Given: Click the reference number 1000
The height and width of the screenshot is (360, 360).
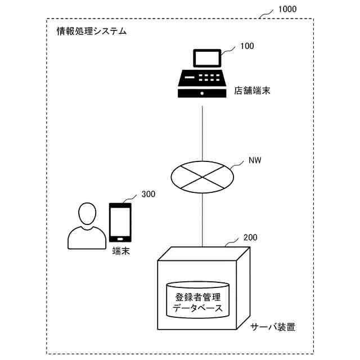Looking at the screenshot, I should tap(287, 9).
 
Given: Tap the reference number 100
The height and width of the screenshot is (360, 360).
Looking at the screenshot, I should tap(247, 46).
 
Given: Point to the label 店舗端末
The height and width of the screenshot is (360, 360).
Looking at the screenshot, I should tap(252, 91).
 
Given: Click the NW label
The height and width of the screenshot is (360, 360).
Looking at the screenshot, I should tap(255, 160).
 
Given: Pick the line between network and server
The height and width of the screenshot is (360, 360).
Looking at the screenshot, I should tap(202, 219).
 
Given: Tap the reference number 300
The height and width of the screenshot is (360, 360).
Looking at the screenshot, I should tap(148, 194).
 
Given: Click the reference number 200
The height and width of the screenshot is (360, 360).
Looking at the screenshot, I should tap(250, 238).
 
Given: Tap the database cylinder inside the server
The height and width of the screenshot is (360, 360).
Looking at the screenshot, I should tap(197, 304).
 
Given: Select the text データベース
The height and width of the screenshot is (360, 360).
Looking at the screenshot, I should tap(197, 309).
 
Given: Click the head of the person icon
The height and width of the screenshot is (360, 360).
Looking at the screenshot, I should tap(87, 213).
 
